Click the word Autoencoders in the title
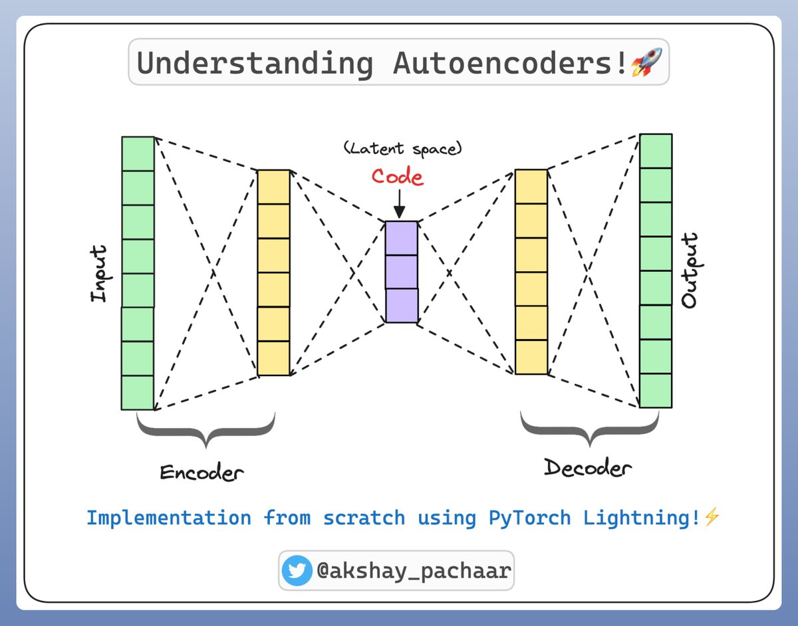509,64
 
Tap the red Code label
397,177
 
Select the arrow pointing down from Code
398,204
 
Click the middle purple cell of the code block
402,272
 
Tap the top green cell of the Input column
138,154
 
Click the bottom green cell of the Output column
656,391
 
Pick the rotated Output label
690,270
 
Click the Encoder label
201,473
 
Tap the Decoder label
587,468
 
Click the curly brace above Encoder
206,431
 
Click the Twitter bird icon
297,571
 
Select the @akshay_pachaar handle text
413,571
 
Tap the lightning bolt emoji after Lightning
712,518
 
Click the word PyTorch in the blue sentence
529,518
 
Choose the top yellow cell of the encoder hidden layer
274,187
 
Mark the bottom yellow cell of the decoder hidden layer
531,358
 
